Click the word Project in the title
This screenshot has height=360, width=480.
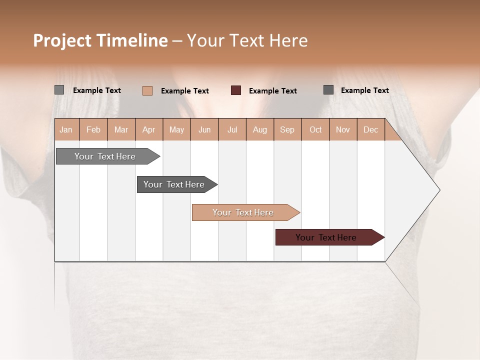[x=62, y=41]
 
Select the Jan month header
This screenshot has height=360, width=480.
[x=66, y=130]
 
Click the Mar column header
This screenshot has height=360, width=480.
[x=121, y=130]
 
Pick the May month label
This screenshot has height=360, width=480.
[x=176, y=130]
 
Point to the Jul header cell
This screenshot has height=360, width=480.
[x=232, y=130]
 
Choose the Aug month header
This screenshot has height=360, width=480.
[x=259, y=130]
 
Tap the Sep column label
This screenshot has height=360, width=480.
[x=287, y=130]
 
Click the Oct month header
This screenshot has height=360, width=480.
[x=315, y=130]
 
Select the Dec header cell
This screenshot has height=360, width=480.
[x=370, y=130]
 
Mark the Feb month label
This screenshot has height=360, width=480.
[x=93, y=130]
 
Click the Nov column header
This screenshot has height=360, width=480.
[x=342, y=130]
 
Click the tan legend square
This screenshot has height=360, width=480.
[x=147, y=90]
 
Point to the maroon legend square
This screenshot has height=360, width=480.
[x=236, y=90]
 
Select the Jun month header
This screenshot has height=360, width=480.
[x=204, y=130]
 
